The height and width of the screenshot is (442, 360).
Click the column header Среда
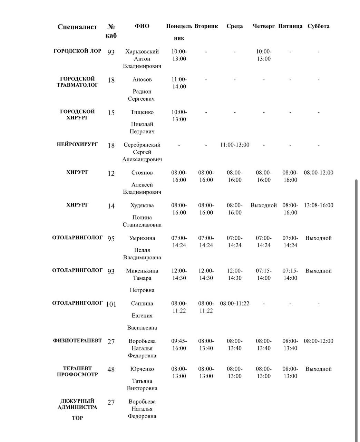(235, 26)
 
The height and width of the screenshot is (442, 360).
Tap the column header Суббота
(318, 26)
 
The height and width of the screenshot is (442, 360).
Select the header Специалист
(77, 27)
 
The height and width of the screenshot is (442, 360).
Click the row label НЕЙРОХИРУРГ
(77, 144)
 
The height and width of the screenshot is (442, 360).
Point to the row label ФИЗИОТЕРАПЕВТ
(77, 340)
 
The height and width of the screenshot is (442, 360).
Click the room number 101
(111, 304)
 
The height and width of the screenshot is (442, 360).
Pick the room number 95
(111, 239)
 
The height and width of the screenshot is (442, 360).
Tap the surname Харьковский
(142, 51)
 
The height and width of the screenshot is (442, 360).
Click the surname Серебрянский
(142, 145)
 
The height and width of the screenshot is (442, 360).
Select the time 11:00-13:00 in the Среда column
(235, 145)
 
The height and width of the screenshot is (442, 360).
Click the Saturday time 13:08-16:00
(318, 205)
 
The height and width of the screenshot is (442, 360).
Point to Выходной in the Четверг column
(264, 205)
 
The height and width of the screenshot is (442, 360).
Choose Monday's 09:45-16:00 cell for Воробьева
(179, 345)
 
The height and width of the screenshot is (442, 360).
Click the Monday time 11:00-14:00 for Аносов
(179, 83)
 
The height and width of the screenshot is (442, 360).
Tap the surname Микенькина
(142, 271)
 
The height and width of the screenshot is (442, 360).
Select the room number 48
(111, 369)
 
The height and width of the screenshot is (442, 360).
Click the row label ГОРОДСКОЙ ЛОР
(77, 51)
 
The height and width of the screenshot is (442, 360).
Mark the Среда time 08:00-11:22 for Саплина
(235, 304)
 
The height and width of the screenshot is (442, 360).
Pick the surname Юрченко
(142, 369)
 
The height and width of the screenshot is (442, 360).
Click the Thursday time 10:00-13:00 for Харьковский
(264, 55)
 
